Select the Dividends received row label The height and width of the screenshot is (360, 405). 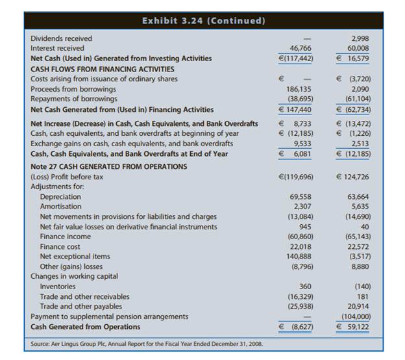61,38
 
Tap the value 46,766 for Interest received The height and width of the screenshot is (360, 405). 298,48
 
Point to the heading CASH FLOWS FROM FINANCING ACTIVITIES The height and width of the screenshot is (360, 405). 103,68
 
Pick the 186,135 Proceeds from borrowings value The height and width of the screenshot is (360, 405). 298,89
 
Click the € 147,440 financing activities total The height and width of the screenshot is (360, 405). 295,109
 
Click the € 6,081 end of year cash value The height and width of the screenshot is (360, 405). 295,153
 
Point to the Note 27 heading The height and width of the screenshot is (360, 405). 108,166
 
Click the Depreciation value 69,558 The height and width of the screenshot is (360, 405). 298,196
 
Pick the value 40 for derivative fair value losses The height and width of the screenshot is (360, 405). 365,227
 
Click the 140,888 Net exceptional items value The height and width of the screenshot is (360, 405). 298,257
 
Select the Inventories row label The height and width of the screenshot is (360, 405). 58,287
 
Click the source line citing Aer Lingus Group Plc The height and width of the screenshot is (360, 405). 146,343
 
